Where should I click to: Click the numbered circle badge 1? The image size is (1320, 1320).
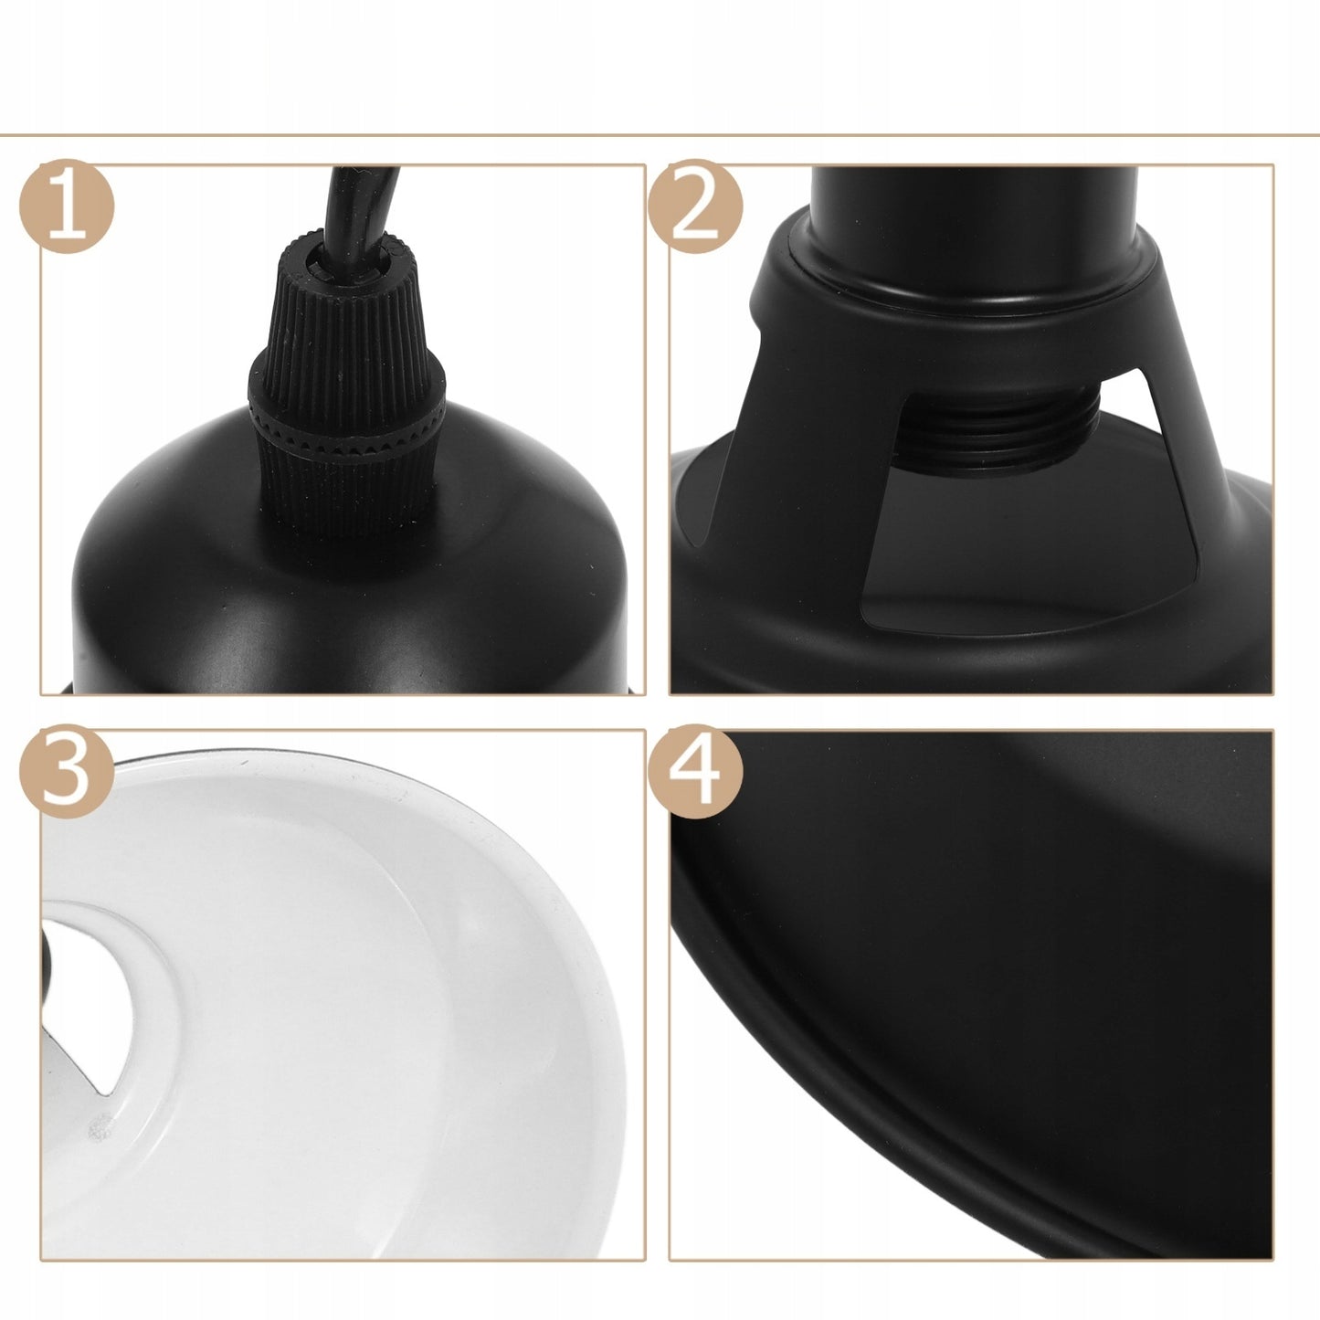pos(67,206)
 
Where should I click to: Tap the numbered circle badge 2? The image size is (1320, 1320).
pos(695,206)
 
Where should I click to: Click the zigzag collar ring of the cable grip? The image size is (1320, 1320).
pos(347,429)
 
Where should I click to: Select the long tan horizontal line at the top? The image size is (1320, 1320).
pos(660,135)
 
